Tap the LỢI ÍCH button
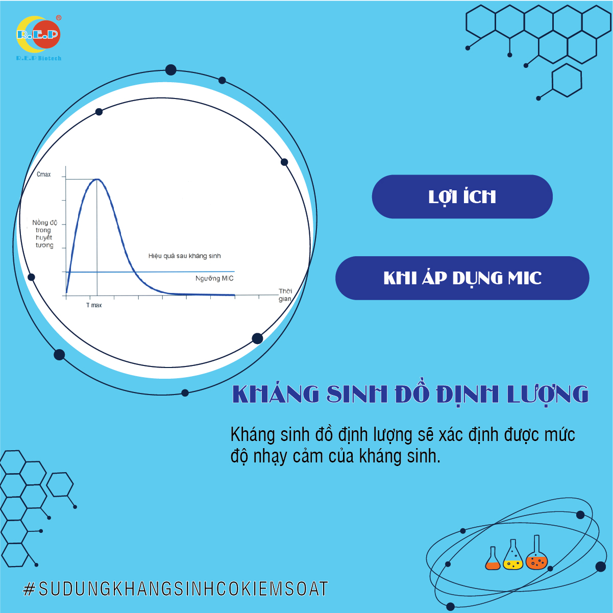pyautogui.click(x=462, y=197)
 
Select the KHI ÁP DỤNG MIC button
pyautogui.click(x=462, y=278)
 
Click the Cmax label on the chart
pyautogui.click(x=43, y=175)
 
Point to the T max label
pyautogui.click(x=94, y=305)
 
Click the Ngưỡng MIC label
pyautogui.click(x=214, y=279)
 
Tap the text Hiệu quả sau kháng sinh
pyautogui.click(x=184, y=256)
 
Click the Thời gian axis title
pyautogui.click(x=285, y=295)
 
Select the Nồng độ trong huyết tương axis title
pyautogui.click(x=44, y=234)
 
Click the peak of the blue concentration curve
pyautogui.click(x=97, y=180)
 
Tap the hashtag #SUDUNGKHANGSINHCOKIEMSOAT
pyautogui.click(x=176, y=589)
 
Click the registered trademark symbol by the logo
pyautogui.click(x=59, y=18)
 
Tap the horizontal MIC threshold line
pyautogui.click(x=148, y=272)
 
